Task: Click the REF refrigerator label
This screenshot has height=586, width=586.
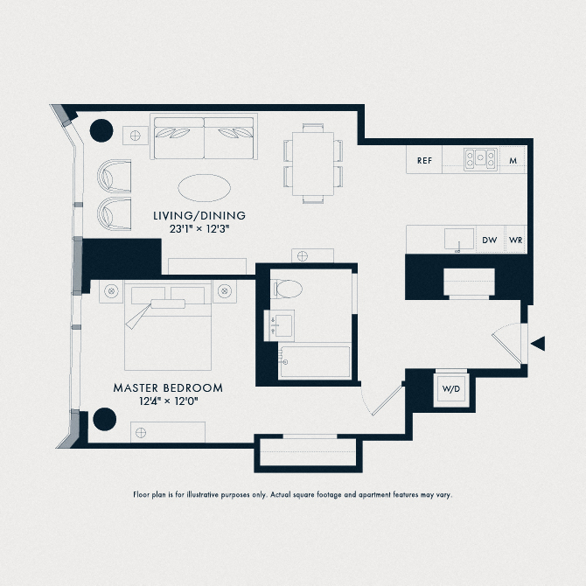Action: point(425,160)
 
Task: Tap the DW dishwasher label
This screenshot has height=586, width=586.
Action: point(489,240)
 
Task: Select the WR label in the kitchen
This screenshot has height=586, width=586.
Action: point(516,240)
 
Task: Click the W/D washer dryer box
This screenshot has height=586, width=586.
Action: point(451,389)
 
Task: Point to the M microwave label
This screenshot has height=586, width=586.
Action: point(514,160)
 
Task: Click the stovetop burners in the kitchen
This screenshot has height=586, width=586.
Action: point(481,159)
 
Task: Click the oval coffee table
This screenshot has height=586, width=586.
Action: point(206,187)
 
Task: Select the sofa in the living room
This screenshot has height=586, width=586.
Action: point(204,138)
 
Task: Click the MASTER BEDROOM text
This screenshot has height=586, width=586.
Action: point(168,387)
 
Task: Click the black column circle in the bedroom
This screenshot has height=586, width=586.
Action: point(105,419)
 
